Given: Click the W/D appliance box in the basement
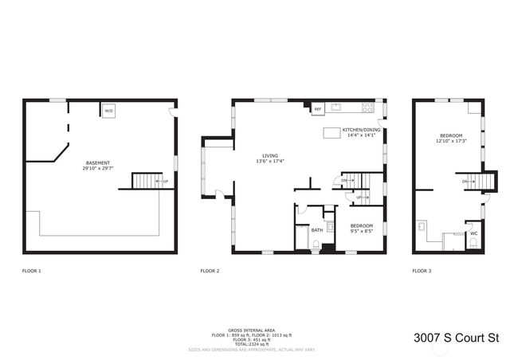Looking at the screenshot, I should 109,111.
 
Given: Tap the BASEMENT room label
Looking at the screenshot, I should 99,162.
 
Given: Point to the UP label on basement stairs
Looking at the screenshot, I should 165,182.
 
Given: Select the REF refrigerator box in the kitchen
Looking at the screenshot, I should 317,109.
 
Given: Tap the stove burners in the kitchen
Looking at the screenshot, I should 367,108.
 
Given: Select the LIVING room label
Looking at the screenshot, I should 270,156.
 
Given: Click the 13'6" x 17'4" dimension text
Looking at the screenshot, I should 270,162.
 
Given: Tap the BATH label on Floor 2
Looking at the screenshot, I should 317,230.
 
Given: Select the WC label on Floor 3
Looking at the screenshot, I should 473,233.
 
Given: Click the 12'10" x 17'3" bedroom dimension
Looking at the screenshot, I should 450,142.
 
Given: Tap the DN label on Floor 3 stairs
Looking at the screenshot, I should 465,182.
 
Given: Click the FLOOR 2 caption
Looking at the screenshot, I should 210,272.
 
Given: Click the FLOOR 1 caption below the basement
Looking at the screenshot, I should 32,272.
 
